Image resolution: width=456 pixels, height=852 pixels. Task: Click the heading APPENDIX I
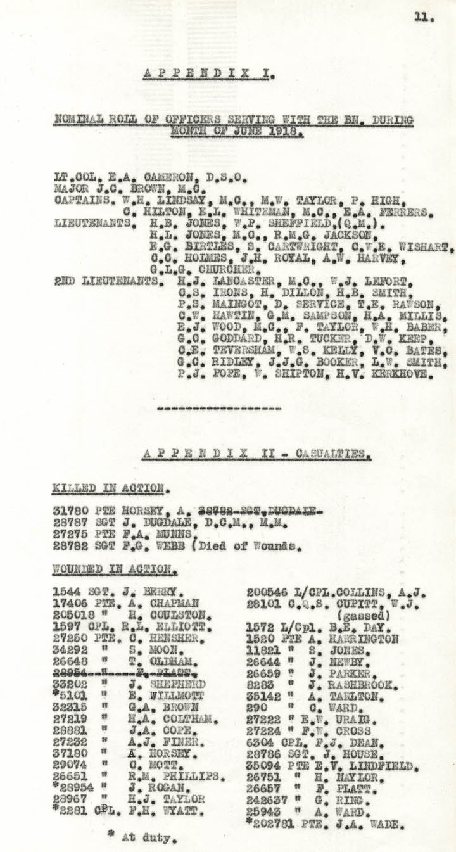(208, 74)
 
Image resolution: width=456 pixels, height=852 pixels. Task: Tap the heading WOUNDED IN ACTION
(114, 569)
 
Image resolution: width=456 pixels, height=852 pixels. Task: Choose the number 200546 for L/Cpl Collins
(267, 593)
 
